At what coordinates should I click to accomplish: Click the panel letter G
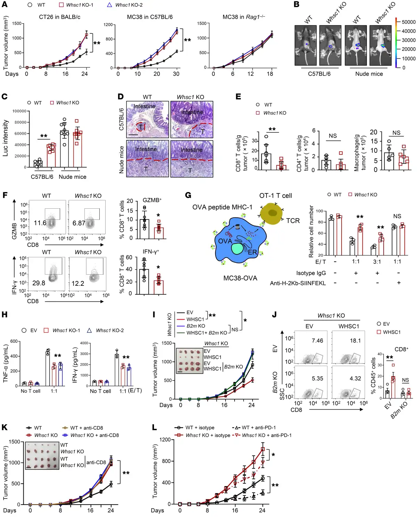(188, 195)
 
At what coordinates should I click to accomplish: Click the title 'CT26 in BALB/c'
(59, 17)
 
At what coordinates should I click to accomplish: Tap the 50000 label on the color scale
(408, 22)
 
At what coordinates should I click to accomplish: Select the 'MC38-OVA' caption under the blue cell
(240, 278)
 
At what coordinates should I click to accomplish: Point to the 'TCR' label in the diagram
(293, 221)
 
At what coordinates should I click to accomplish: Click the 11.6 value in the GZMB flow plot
(40, 223)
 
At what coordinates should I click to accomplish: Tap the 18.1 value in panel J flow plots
(355, 341)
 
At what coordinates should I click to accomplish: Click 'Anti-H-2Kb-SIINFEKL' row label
(298, 283)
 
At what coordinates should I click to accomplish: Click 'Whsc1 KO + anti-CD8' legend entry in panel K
(94, 435)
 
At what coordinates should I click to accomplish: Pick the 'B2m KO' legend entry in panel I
(196, 326)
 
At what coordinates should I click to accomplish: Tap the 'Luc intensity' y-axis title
(6, 138)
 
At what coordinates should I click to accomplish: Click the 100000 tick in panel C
(19, 111)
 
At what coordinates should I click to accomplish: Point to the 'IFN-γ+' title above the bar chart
(151, 251)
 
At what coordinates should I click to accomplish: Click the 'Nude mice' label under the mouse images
(369, 74)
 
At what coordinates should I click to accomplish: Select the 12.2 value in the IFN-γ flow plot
(78, 284)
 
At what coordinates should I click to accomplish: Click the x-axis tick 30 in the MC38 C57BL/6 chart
(176, 74)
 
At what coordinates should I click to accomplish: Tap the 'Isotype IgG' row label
(311, 273)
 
